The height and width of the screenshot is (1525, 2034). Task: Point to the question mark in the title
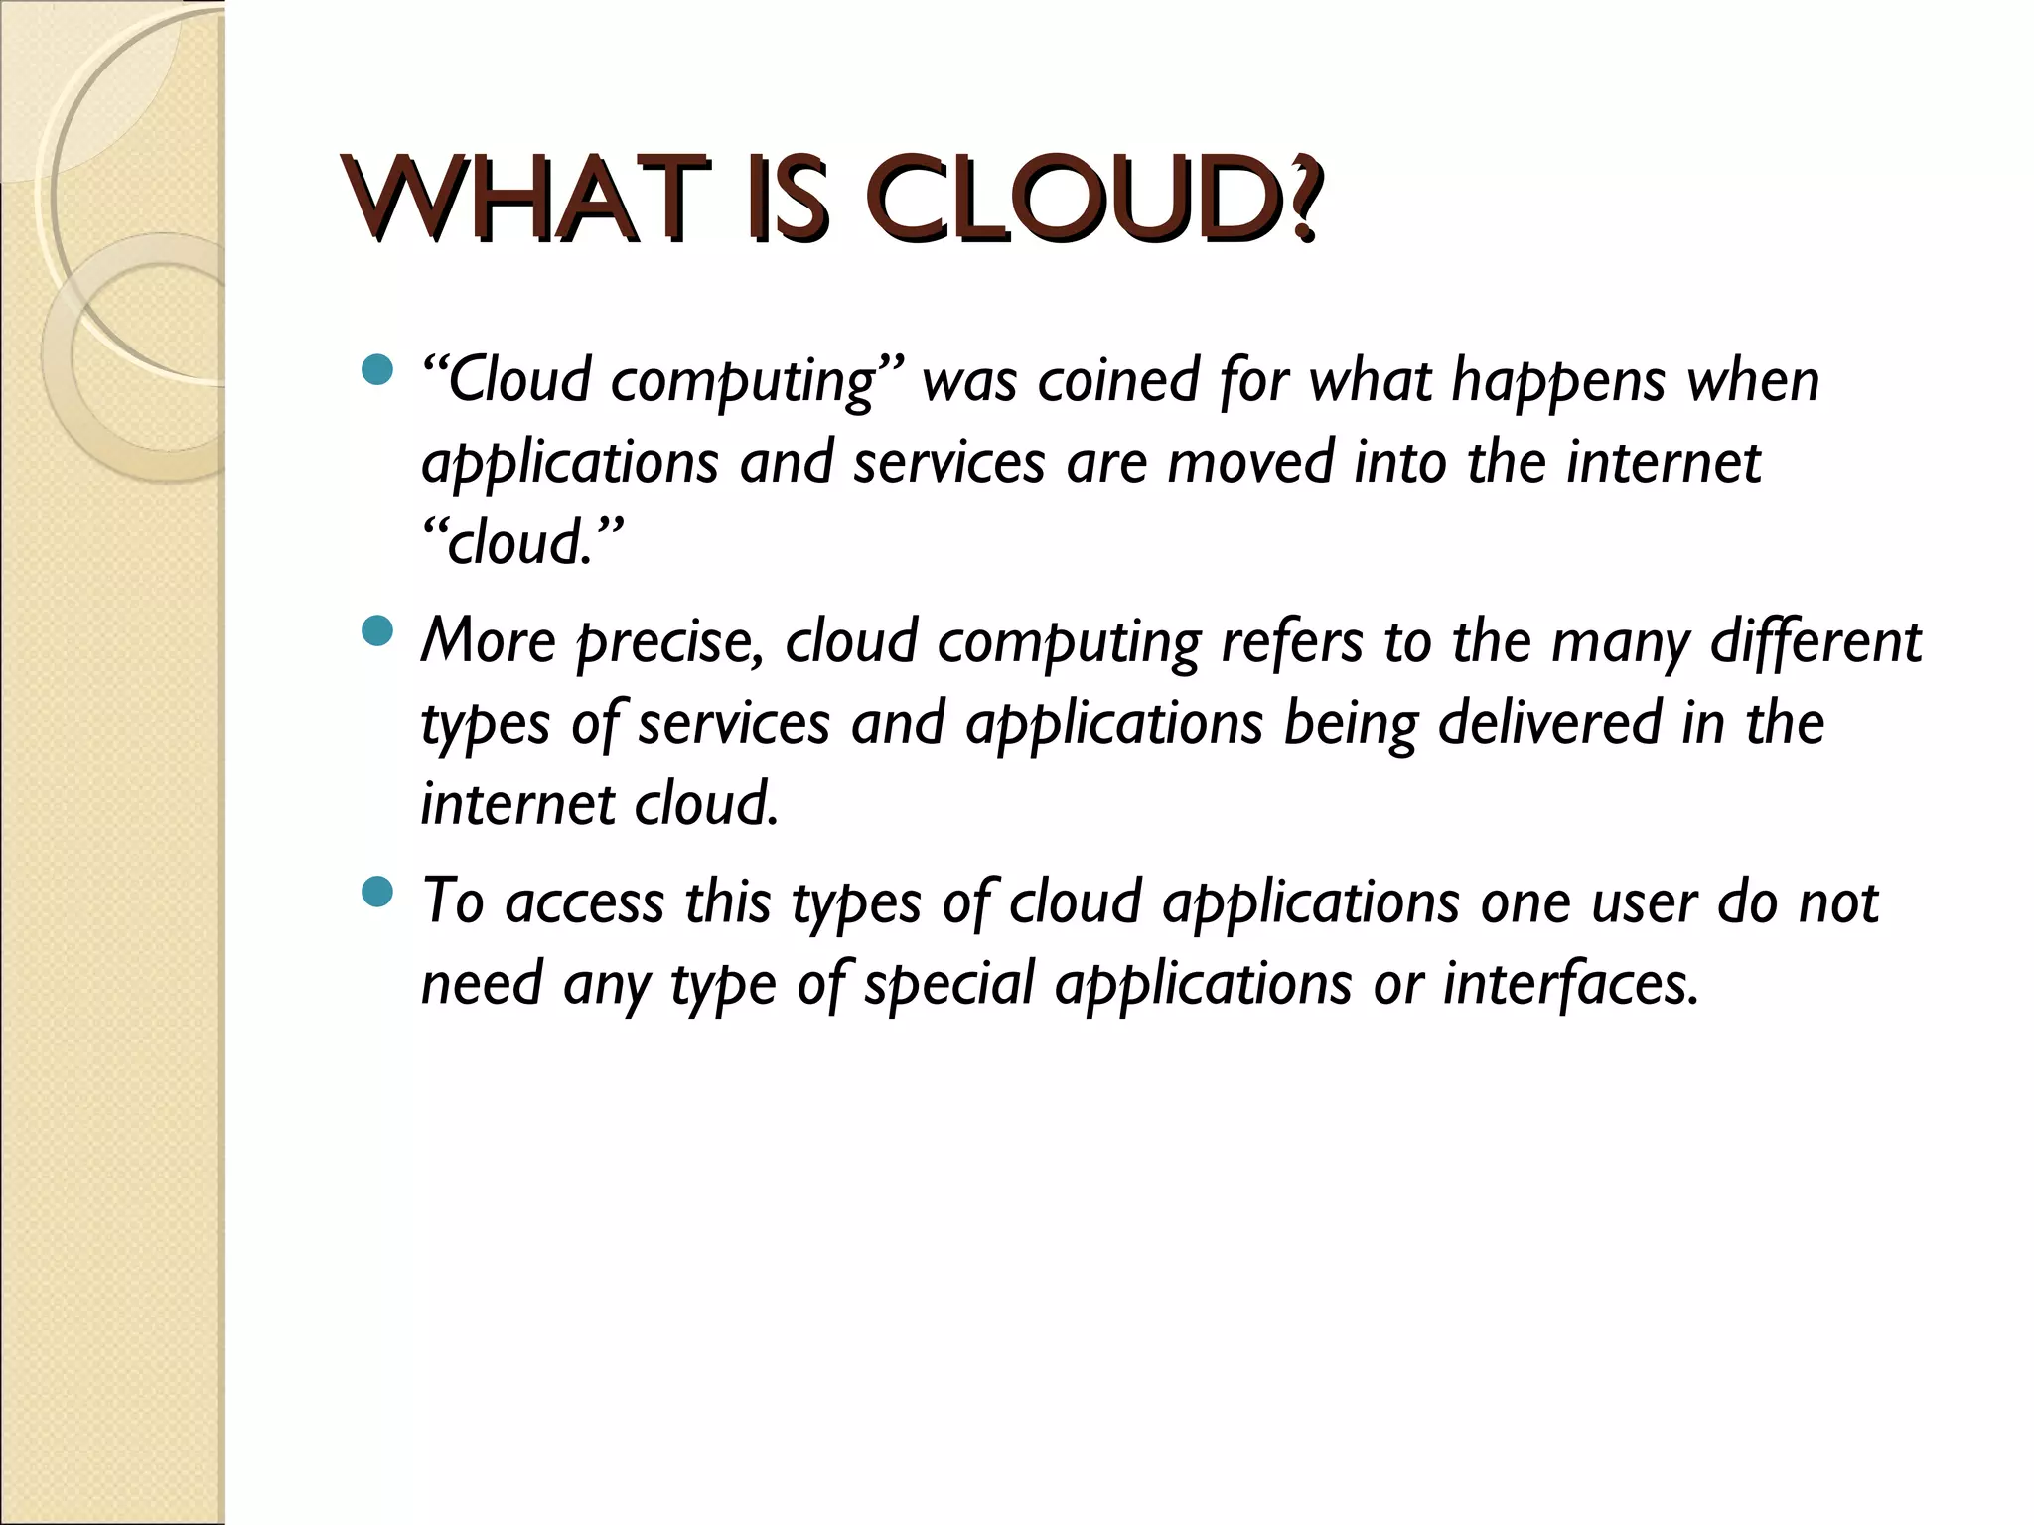point(1301,199)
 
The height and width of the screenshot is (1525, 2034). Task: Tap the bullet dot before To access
point(377,892)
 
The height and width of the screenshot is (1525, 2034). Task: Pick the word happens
point(1558,381)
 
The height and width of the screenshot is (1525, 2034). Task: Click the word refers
point(1291,641)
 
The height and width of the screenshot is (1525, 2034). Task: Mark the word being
point(1351,725)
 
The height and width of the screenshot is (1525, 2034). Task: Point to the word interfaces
point(1570,985)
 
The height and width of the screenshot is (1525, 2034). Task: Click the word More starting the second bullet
point(488,641)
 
